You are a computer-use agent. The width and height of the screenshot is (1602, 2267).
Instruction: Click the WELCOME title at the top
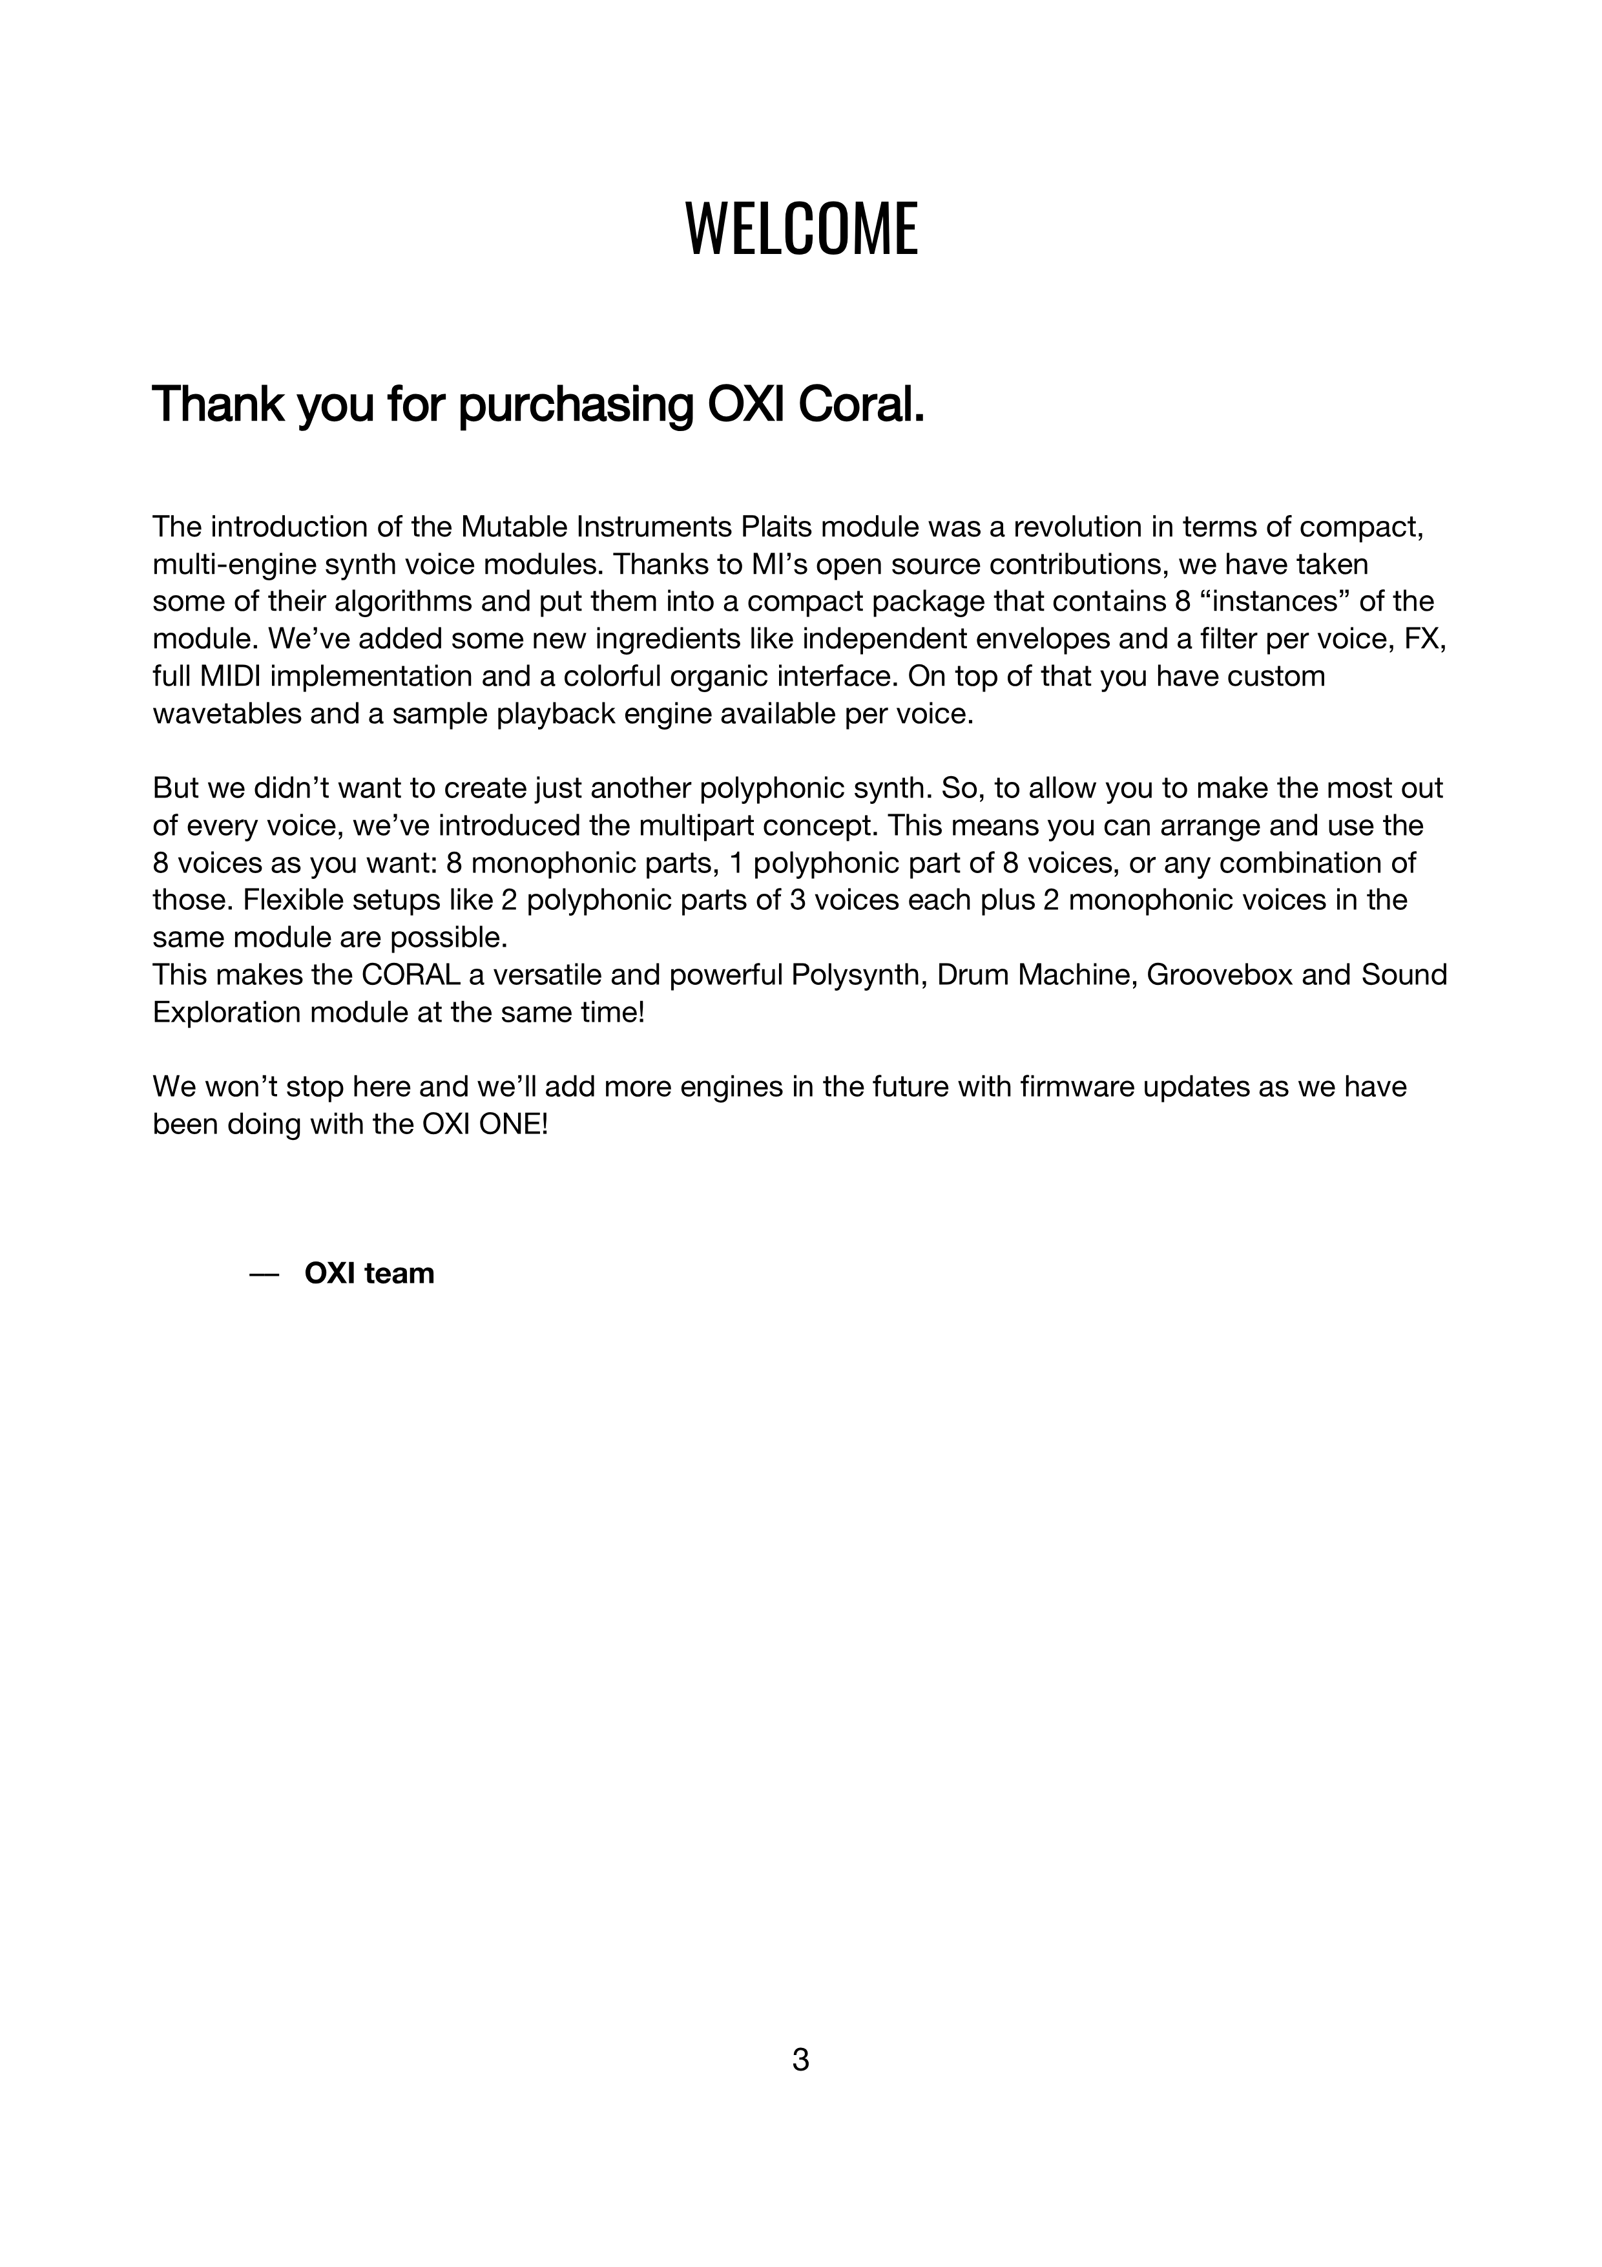[800, 229]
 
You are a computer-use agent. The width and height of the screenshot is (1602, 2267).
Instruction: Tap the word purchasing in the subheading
[576, 406]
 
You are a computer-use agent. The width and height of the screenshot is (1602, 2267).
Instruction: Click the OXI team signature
[369, 1274]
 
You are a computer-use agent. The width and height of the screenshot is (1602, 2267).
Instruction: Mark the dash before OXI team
[264, 1274]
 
